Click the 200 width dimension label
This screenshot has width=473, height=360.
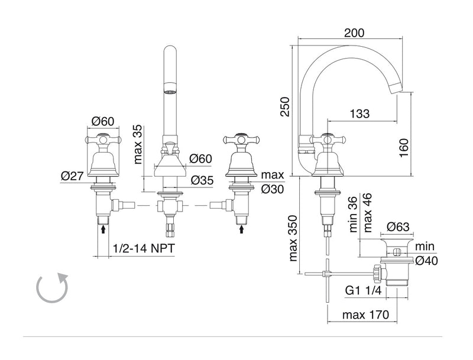click(x=354, y=33)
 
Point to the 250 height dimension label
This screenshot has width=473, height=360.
click(x=285, y=106)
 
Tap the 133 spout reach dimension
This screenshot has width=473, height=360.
click(x=359, y=113)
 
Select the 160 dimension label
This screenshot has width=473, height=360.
click(x=404, y=147)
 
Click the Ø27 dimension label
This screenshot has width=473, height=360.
click(x=72, y=176)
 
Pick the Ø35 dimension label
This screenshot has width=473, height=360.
click(x=202, y=180)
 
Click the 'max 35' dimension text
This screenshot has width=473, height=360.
click(x=137, y=144)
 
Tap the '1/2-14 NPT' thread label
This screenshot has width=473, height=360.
click(x=144, y=248)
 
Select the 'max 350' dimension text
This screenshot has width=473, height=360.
click(x=293, y=238)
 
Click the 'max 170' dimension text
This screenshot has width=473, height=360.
click(x=365, y=314)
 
